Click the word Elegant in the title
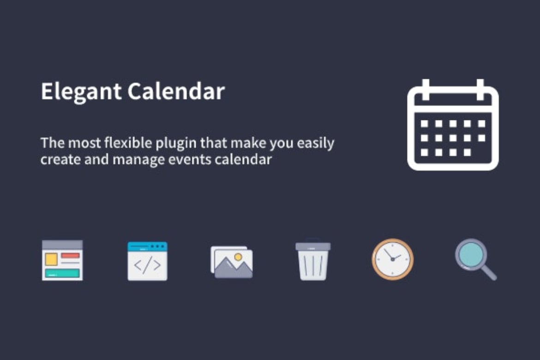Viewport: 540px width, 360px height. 81,92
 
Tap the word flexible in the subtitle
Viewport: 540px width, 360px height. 128,143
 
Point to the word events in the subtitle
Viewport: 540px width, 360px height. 190,160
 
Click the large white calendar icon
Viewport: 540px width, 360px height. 453,125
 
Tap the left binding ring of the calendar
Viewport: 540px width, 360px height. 426,90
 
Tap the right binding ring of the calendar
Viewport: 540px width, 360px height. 480,90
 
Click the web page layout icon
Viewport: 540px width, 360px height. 62,260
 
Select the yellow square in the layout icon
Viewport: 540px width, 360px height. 51,259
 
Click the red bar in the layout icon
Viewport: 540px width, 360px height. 70,256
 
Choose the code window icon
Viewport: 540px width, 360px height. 147,261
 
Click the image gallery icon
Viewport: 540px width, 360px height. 231,262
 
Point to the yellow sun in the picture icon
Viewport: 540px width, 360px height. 238,257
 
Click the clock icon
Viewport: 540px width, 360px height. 393,259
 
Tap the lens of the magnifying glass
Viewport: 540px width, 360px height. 471,255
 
